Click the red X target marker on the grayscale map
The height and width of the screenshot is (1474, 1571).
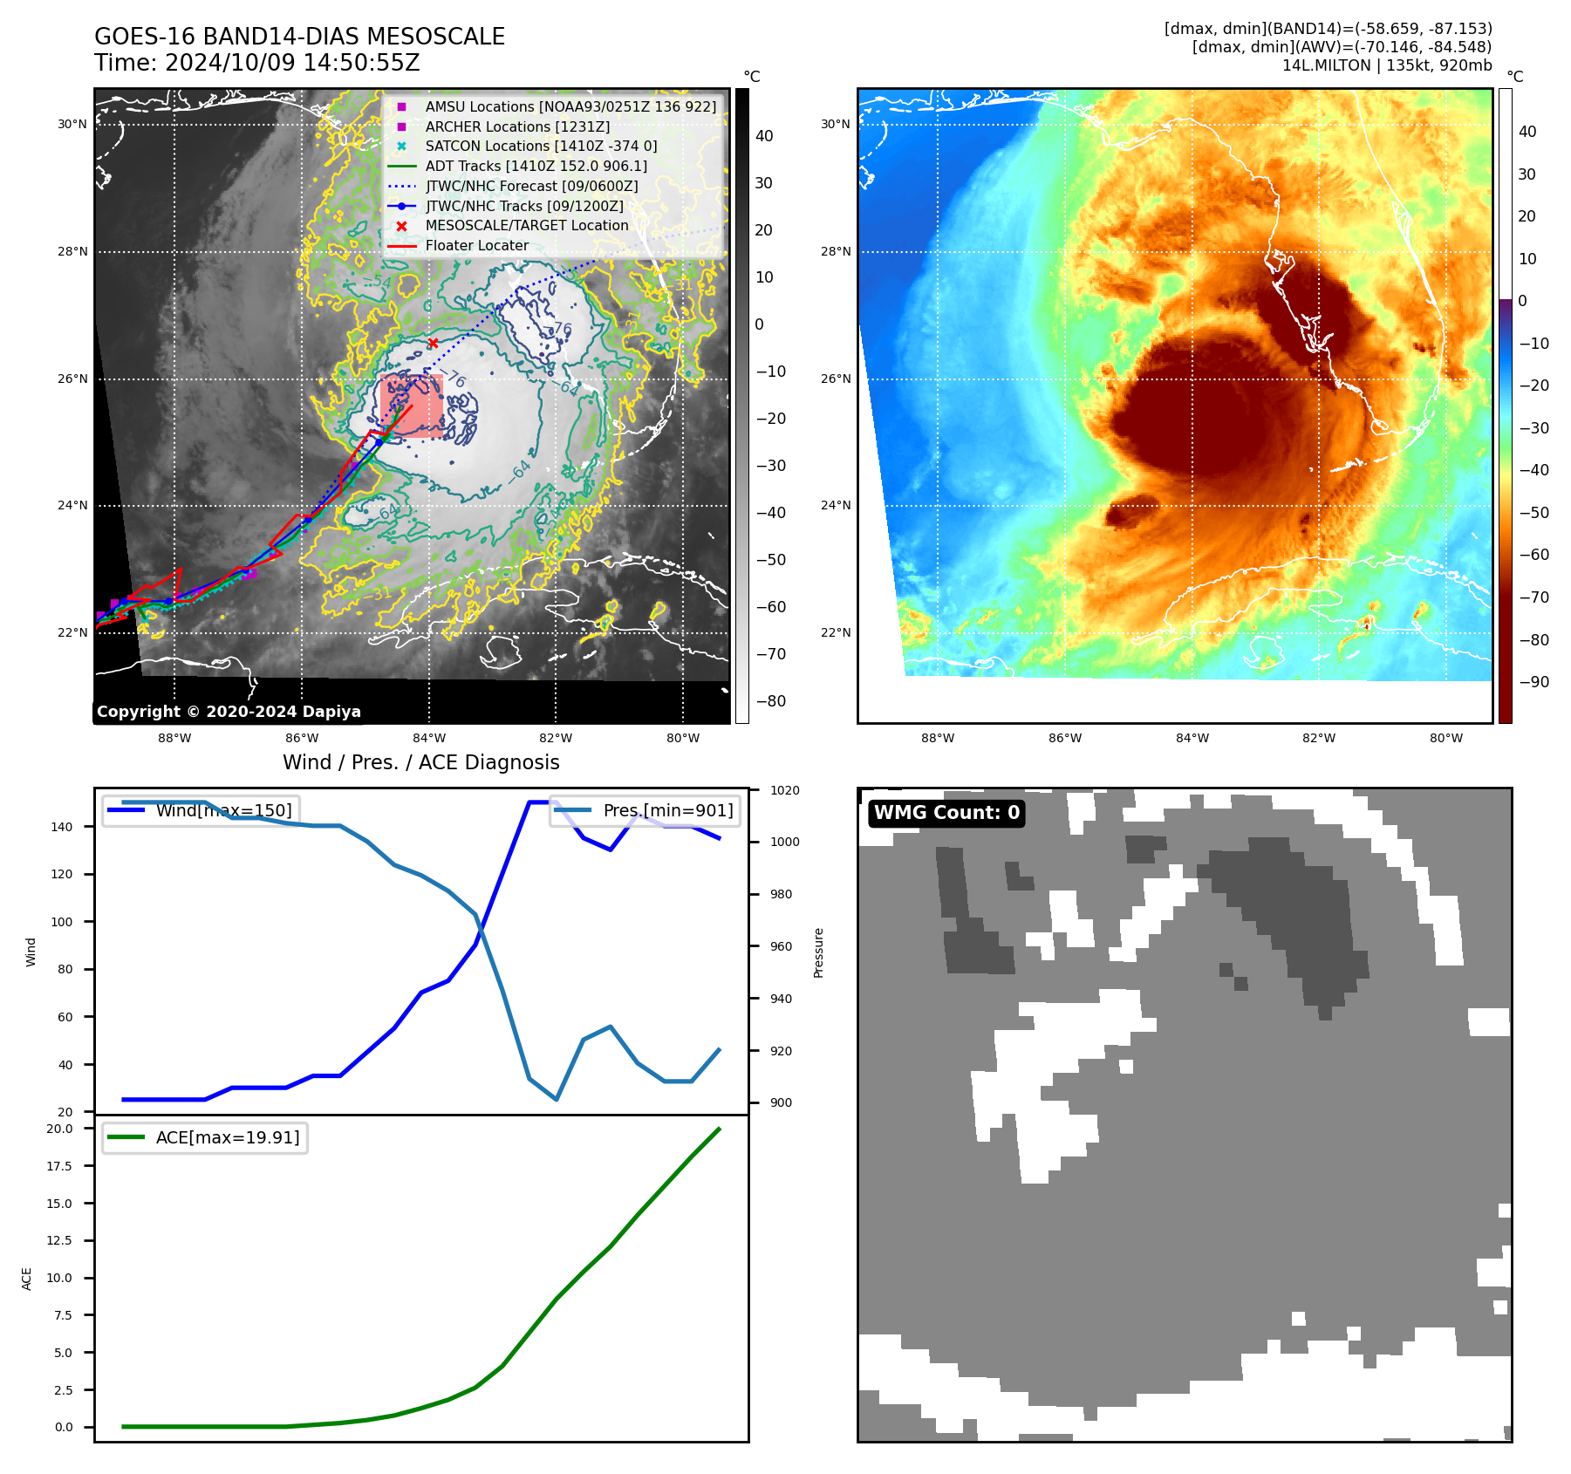coord(433,343)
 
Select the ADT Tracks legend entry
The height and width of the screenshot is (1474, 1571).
coord(536,166)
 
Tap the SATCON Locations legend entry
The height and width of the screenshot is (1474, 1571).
coord(541,146)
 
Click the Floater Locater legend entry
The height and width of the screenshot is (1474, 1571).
coord(476,245)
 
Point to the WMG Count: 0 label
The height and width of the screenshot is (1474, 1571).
coord(946,813)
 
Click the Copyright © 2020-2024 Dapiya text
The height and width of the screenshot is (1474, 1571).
coord(229,712)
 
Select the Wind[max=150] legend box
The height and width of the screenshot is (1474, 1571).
coord(201,810)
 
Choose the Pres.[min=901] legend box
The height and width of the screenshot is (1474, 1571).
coord(645,810)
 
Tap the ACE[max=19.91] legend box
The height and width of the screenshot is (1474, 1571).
coord(205,1137)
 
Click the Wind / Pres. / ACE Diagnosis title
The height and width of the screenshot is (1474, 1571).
coord(421,762)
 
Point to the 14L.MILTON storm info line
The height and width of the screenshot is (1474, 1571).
coord(1387,65)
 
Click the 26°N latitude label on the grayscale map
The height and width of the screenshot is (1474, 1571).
coord(73,379)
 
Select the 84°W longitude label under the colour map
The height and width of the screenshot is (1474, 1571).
coord(1192,738)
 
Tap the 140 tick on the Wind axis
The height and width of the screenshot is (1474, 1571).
coord(62,827)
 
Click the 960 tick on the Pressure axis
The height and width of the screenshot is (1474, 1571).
coord(781,946)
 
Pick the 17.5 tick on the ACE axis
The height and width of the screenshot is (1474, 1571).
coord(60,1166)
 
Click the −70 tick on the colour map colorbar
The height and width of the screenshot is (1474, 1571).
coord(1533,597)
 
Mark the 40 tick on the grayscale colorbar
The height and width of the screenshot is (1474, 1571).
coord(764,136)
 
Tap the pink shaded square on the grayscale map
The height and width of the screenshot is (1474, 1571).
coord(412,406)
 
